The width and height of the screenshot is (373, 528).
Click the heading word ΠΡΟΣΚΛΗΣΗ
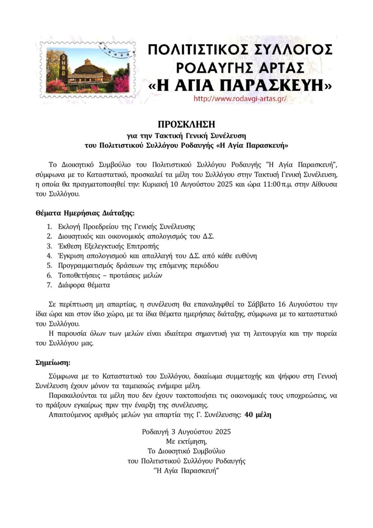click(x=186, y=124)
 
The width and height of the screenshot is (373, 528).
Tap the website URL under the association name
click(x=240, y=99)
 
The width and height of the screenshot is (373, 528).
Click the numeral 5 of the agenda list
click(x=49, y=266)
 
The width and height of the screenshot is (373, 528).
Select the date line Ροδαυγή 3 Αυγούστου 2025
click(x=186, y=432)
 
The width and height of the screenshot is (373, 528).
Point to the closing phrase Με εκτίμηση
click(x=186, y=441)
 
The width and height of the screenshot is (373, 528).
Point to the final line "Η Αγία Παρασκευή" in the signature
click(x=186, y=471)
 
